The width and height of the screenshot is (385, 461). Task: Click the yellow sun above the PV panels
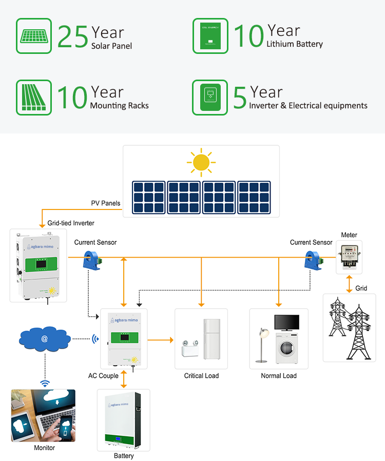pos(201,162)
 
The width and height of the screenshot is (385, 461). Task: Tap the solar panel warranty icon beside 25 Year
pos(34,36)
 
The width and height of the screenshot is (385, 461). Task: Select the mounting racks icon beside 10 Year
pos(34,98)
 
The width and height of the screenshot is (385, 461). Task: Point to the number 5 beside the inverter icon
pos(240,98)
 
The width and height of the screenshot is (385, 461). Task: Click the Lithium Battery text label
pos(295,44)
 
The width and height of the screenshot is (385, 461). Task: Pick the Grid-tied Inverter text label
pos(71,223)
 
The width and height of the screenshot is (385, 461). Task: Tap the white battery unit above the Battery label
pos(124,420)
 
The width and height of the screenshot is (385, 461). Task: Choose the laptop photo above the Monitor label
pos(44,415)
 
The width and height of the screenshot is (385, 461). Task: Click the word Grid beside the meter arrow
pos(361,288)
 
